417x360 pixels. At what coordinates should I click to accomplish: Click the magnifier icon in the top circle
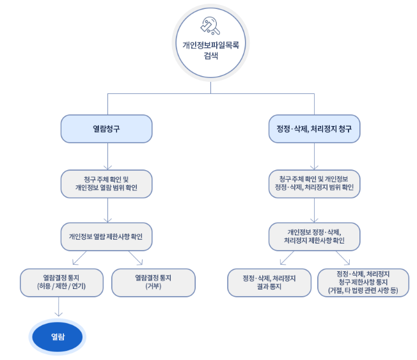pyautogui.click(x=210, y=26)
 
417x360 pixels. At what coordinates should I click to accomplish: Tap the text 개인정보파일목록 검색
pyautogui.click(x=210, y=50)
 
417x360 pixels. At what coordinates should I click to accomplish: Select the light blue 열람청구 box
pyautogui.click(x=107, y=129)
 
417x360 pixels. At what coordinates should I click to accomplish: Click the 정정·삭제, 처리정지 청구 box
pyautogui.click(x=314, y=129)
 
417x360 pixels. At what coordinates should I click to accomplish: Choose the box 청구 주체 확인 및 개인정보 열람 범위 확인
pyautogui.click(x=107, y=184)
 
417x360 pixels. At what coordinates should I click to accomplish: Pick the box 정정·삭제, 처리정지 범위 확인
pyautogui.click(x=314, y=184)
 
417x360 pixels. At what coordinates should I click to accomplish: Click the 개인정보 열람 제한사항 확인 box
pyautogui.click(x=107, y=237)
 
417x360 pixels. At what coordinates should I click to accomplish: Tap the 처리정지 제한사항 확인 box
pyautogui.click(x=314, y=237)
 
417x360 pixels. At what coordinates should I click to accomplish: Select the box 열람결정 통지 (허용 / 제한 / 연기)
pyautogui.click(x=61, y=283)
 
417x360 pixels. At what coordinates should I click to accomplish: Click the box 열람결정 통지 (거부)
pyautogui.click(x=153, y=283)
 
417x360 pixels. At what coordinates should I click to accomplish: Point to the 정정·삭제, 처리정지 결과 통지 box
pyautogui.click(x=269, y=283)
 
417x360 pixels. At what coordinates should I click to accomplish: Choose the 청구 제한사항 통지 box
pyautogui.click(x=363, y=283)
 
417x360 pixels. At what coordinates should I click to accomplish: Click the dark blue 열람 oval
pyautogui.click(x=58, y=337)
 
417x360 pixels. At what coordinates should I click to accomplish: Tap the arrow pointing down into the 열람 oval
pyautogui.click(x=58, y=306)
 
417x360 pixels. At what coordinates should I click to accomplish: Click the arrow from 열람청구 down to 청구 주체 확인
pyautogui.click(x=107, y=156)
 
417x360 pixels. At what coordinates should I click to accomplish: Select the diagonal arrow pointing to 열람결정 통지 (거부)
pyautogui.click(x=136, y=258)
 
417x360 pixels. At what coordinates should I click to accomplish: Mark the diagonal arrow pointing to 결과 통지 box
pyautogui.click(x=287, y=258)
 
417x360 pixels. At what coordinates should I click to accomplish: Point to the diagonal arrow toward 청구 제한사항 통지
pyautogui.click(x=343, y=258)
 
